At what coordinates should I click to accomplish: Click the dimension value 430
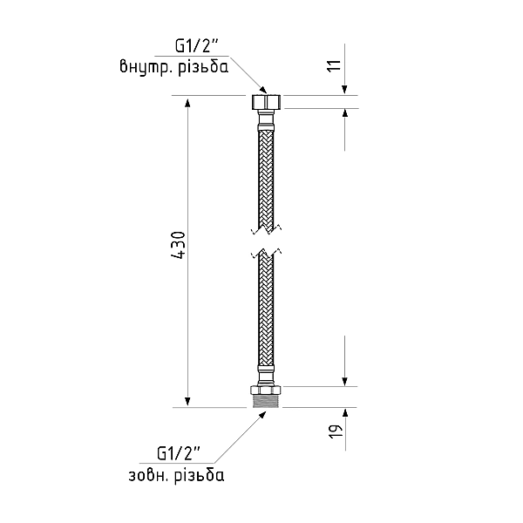click(178, 245)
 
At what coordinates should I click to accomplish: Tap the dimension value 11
click(335, 65)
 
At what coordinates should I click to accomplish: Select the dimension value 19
click(336, 431)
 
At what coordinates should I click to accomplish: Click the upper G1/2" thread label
click(197, 47)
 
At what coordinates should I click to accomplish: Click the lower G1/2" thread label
click(178, 453)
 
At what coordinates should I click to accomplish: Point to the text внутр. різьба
click(174, 67)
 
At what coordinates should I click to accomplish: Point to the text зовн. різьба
click(176, 475)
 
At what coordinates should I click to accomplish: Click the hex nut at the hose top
click(266, 102)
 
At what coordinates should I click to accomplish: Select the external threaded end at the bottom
click(266, 401)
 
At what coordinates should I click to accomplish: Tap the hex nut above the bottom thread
click(266, 391)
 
